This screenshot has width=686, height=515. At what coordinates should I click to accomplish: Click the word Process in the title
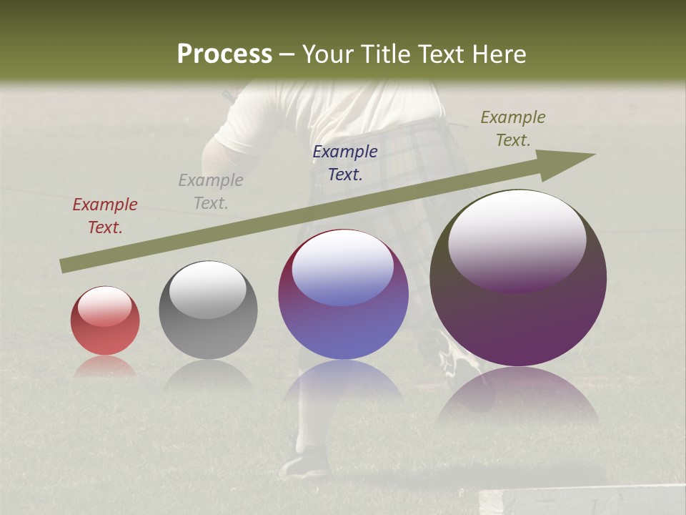tap(224, 54)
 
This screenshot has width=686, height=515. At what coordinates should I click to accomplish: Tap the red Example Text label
tap(105, 216)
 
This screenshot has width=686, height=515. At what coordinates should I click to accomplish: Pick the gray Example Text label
tap(211, 192)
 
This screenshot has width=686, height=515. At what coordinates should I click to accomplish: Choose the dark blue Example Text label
tap(345, 163)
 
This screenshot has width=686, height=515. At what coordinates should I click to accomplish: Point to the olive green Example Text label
tap(513, 129)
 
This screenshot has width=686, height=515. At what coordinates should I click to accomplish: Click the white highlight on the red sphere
tap(105, 306)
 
